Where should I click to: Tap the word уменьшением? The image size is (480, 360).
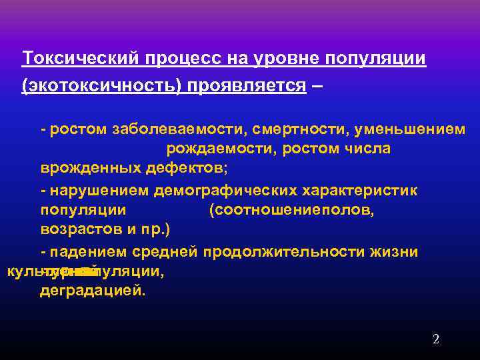(x=412, y=129)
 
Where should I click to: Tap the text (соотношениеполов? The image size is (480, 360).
(x=291, y=211)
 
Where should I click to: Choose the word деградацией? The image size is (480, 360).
(x=91, y=291)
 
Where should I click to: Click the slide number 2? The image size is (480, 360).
(x=435, y=339)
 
